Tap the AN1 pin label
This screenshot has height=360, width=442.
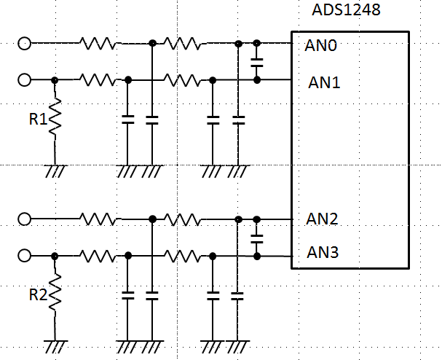(x=324, y=82)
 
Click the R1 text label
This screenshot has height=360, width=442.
(x=38, y=118)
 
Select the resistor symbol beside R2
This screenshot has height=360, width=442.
(x=55, y=296)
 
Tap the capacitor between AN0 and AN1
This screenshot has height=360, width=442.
(x=256, y=62)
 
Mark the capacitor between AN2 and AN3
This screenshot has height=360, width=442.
(x=256, y=237)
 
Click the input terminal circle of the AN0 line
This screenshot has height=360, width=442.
(x=24, y=44)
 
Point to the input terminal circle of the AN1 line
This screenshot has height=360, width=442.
(x=24, y=79)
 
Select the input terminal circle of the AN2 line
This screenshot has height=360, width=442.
(x=24, y=218)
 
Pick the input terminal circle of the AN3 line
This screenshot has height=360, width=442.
(x=24, y=255)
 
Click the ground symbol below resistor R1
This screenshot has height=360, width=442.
(x=55, y=171)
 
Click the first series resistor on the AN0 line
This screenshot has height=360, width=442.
(x=98, y=44)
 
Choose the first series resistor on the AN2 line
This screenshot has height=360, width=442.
(x=98, y=218)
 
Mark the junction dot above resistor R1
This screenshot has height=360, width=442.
(x=55, y=79)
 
